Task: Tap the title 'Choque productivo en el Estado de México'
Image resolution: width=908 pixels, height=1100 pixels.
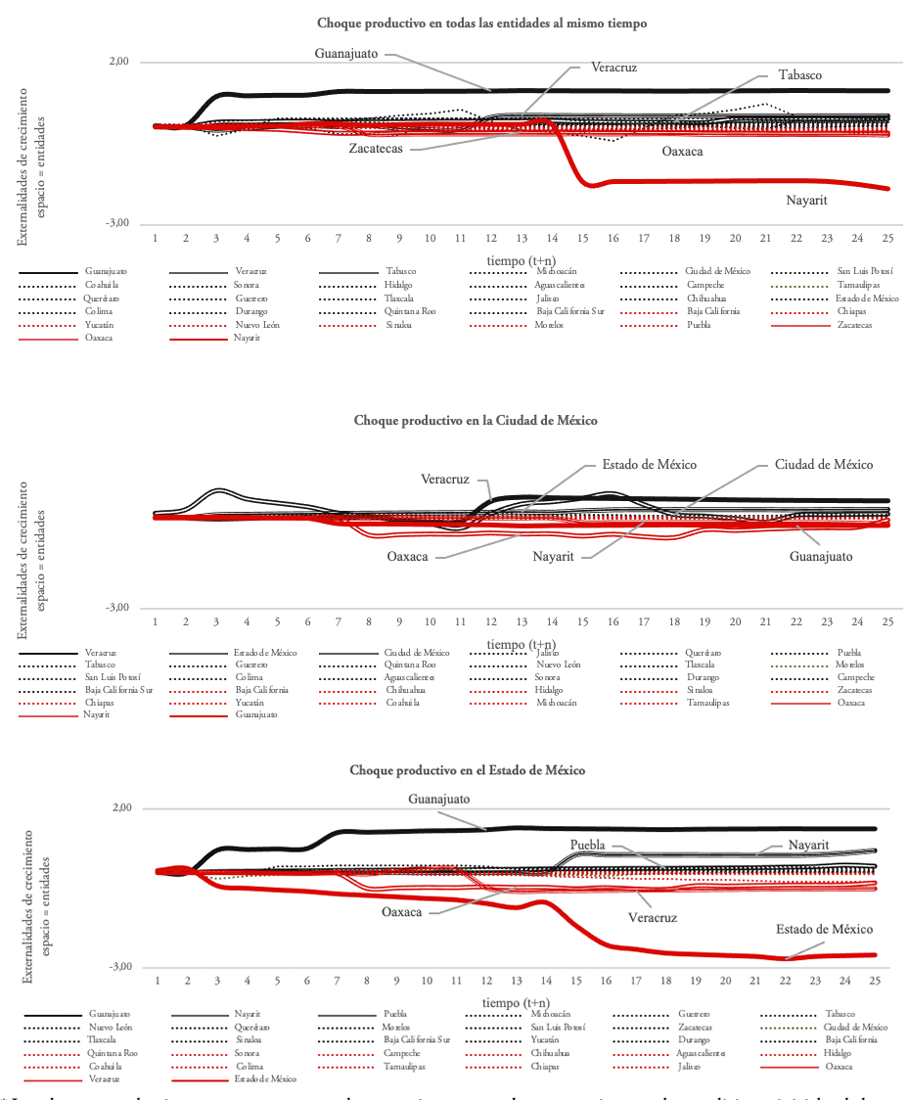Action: coord(468,770)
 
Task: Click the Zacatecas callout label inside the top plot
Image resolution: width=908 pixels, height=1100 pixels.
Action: coord(377,149)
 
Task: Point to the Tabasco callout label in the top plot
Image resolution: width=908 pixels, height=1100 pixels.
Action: coord(799,74)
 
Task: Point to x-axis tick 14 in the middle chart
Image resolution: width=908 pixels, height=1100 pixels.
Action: coord(553,621)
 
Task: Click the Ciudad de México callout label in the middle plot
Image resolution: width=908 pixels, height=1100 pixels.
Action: coord(823,464)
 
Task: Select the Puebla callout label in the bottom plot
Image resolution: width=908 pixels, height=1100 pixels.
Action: coord(588,844)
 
